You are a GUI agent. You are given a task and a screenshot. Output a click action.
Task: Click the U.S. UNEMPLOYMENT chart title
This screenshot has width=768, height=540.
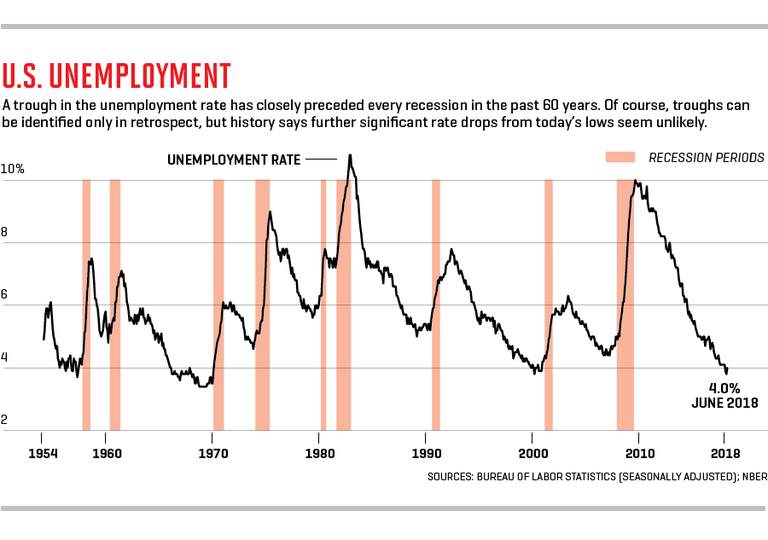[117, 76]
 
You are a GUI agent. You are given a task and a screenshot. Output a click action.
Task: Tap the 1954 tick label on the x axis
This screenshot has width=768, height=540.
[43, 453]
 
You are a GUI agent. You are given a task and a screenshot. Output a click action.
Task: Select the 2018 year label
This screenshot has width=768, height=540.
[725, 453]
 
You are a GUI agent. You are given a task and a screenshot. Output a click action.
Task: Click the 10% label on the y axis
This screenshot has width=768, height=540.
[13, 169]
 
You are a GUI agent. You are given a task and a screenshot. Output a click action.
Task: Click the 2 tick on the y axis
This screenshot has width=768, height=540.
[6, 419]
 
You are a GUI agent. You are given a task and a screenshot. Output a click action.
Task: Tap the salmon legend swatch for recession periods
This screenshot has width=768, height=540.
[620, 158]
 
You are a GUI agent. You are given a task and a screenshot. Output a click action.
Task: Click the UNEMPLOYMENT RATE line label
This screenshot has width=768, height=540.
[233, 160]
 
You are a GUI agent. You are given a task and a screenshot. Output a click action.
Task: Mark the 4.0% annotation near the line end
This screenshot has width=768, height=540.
[724, 386]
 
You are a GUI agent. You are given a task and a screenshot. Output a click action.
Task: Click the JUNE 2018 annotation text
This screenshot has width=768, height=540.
[724, 403]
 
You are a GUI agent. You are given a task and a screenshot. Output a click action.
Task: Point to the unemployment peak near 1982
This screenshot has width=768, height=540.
[350, 156]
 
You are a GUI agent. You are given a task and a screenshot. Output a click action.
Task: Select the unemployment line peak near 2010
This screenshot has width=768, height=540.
[635, 181]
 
